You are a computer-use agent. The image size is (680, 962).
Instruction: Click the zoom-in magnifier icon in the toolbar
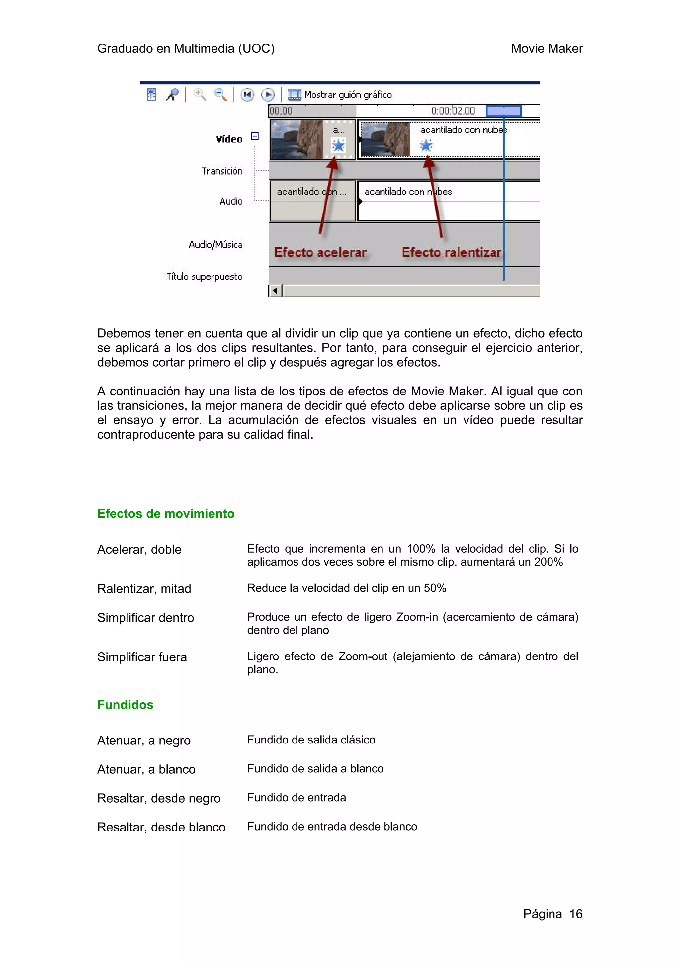point(200,94)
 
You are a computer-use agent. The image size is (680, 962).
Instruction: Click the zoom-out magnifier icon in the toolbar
point(220,94)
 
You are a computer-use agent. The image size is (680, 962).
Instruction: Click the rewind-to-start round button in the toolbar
point(247,95)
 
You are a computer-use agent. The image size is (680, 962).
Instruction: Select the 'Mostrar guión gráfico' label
point(348,95)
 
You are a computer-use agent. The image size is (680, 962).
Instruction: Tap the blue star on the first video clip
point(338,146)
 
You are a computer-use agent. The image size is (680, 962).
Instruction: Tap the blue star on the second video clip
point(426,146)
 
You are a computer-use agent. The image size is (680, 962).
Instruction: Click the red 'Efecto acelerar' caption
point(320,252)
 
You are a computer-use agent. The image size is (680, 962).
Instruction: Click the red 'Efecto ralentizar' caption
point(451,252)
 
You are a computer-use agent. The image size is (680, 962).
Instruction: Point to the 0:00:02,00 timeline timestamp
point(453,111)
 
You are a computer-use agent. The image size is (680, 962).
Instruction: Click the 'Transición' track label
point(222,171)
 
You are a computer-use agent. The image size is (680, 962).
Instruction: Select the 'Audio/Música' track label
point(215,245)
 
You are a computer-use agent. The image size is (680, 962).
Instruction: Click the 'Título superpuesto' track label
point(205,277)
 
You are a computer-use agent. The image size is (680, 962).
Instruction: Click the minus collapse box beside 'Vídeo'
point(254,136)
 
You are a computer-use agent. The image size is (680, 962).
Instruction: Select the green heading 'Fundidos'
point(125,704)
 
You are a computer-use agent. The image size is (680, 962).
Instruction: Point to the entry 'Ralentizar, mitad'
point(144,589)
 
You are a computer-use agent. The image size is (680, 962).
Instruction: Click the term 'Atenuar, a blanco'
point(146,769)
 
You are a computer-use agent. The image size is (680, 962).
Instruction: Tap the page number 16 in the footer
point(576,914)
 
